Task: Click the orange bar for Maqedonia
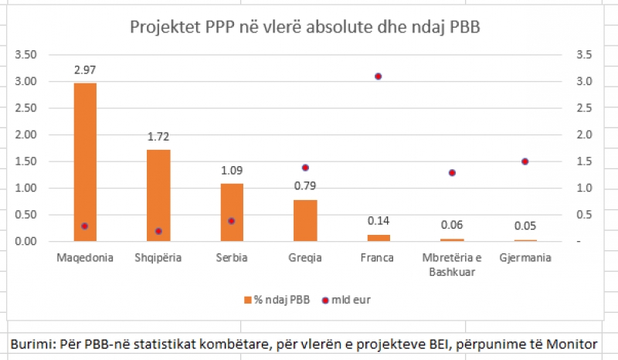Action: click(x=85, y=162)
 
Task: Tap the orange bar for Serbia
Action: click(x=232, y=212)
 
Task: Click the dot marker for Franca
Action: click(x=379, y=76)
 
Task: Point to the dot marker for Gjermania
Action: click(x=525, y=161)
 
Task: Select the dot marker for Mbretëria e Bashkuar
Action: click(x=452, y=173)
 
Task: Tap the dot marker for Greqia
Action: click(x=305, y=168)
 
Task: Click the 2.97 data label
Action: click(x=85, y=70)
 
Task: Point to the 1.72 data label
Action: click(x=158, y=137)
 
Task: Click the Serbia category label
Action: click(x=232, y=257)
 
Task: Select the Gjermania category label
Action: click(x=525, y=257)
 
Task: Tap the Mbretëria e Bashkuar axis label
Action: click(x=452, y=264)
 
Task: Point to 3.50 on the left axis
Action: click(x=26, y=55)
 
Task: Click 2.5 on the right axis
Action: click(x=584, y=108)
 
